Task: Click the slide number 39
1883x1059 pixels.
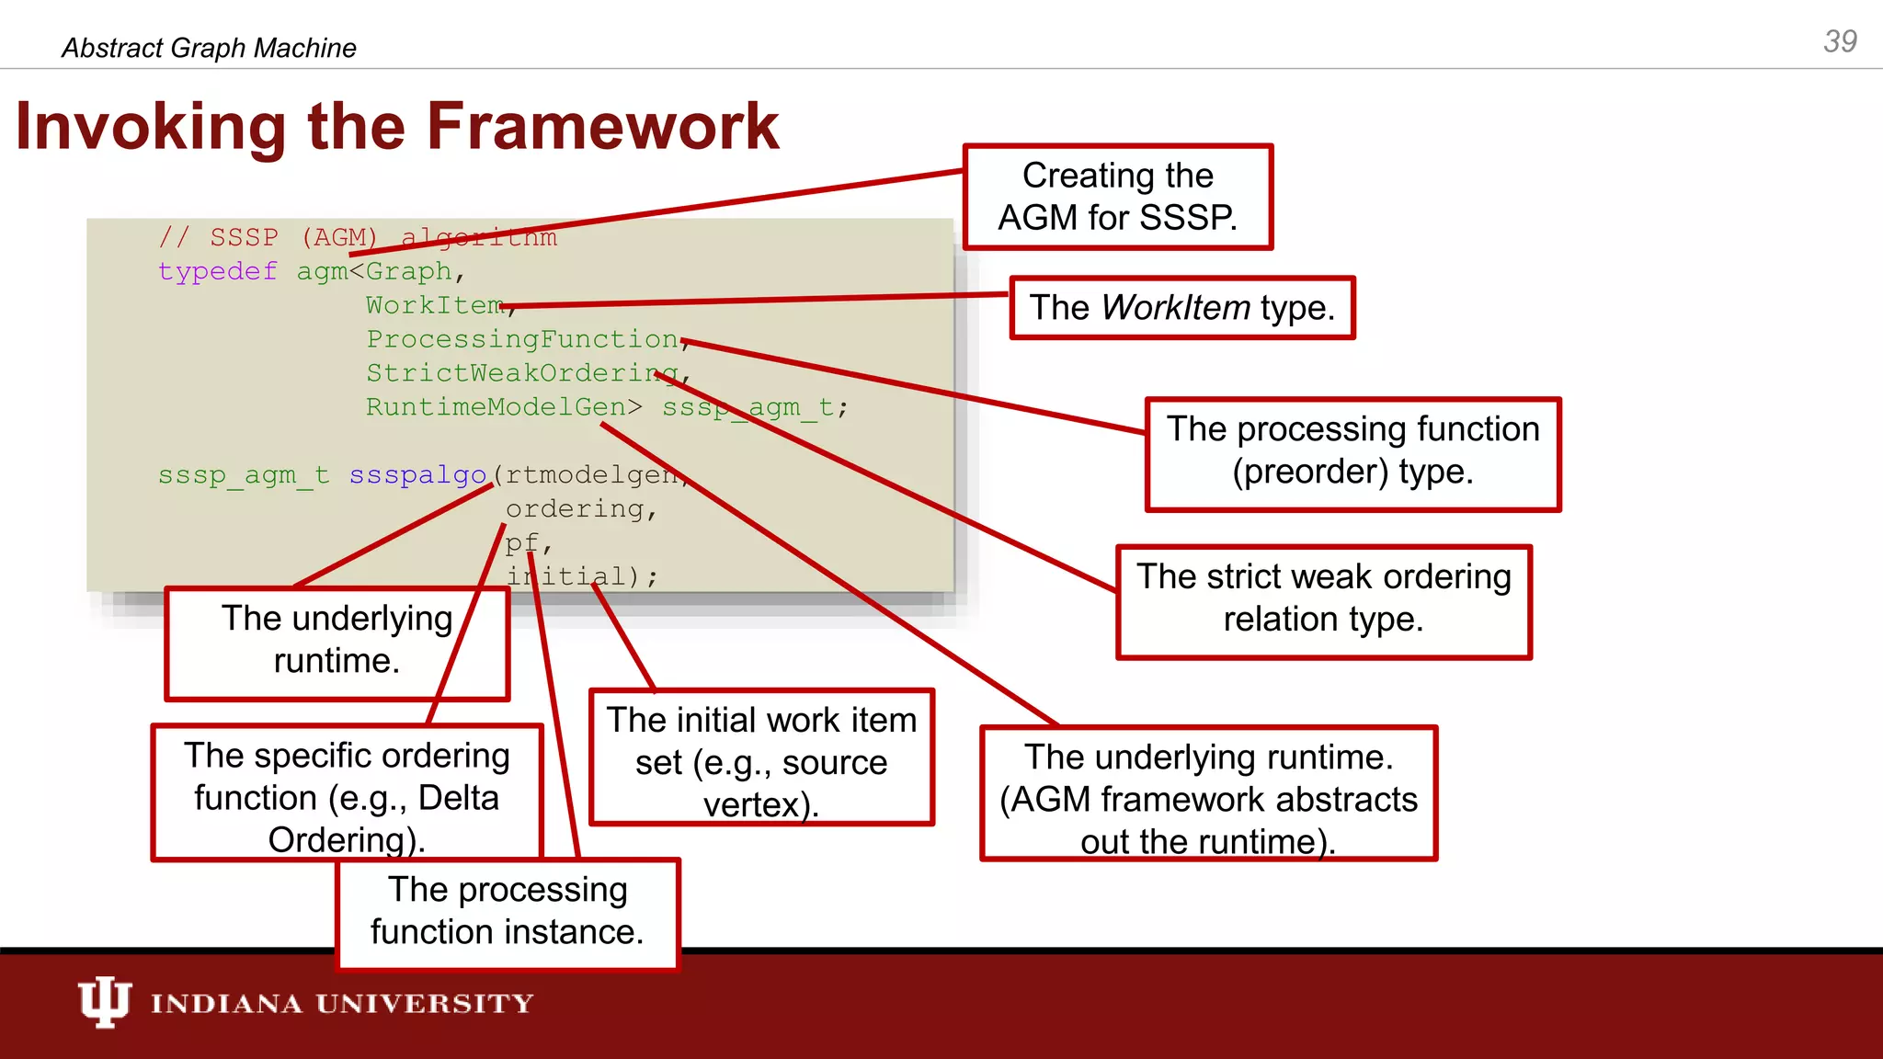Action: pos(1840,41)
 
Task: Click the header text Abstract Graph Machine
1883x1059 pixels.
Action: pos(209,48)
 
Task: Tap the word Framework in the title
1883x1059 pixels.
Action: pos(602,127)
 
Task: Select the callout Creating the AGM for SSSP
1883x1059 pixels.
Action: pos(1117,197)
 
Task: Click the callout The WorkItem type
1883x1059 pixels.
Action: pos(1181,308)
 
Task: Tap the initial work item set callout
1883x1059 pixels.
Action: pos(761,757)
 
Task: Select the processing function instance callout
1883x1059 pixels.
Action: pos(508,913)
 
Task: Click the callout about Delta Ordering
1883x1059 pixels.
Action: pos(347,792)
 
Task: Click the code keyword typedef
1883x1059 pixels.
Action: pos(217,272)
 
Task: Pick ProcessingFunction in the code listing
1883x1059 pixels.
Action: pos(521,339)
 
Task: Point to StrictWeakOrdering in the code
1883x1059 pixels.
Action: pos(520,373)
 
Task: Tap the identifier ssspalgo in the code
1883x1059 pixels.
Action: pos(417,475)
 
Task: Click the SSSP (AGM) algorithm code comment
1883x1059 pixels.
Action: pos(358,238)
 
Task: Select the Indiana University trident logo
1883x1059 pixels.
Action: pos(103,1002)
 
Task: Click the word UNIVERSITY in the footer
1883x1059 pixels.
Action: pos(424,1004)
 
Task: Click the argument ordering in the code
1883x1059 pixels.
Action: pos(574,509)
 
